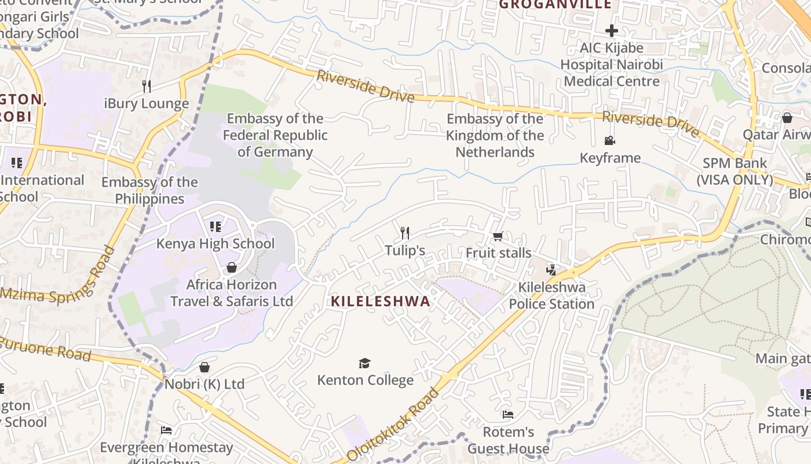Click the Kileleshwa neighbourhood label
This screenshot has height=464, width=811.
(x=381, y=301)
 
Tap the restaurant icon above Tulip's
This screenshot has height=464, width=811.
(x=405, y=233)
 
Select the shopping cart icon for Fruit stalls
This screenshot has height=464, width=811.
(x=498, y=236)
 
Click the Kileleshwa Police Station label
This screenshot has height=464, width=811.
(x=551, y=295)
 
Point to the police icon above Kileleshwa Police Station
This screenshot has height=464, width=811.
(x=551, y=270)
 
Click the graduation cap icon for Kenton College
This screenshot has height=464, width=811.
(x=364, y=363)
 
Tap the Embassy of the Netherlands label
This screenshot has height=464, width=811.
(x=495, y=135)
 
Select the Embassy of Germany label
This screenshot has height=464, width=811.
(x=275, y=135)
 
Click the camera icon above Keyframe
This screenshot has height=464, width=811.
(x=609, y=140)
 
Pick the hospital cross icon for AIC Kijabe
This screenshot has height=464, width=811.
(x=612, y=30)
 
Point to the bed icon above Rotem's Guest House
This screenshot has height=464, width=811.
(x=507, y=415)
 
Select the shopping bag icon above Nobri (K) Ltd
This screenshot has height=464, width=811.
(x=204, y=367)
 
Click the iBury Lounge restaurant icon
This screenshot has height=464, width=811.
(x=147, y=86)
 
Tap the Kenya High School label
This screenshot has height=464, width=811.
(x=215, y=243)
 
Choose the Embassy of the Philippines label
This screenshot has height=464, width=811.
(x=149, y=190)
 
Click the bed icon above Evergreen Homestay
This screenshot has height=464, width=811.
(x=166, y=430)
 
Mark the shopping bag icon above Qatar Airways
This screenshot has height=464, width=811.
(x=787, y=118)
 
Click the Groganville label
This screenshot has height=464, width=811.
(x=555, y=5)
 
